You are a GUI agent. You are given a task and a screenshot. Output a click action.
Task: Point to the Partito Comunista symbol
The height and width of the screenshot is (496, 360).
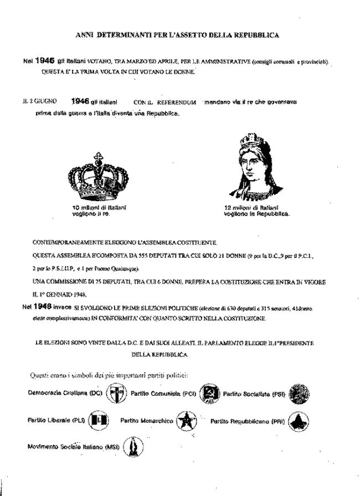click(210, 394)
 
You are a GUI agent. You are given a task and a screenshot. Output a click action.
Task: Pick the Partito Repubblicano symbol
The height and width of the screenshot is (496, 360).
click(299, 421)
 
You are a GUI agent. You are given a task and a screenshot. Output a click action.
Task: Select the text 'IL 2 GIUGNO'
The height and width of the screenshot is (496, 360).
click(35, 103)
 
